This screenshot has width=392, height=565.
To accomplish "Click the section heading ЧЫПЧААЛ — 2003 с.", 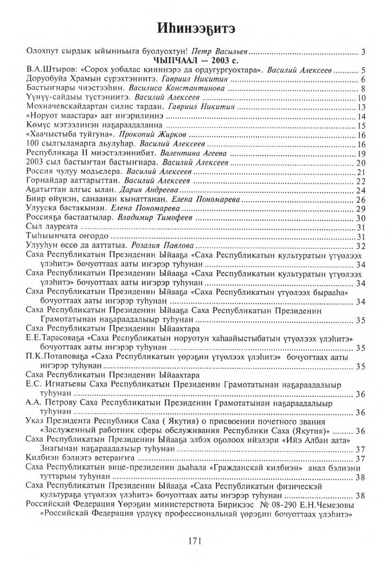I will pos(196,60).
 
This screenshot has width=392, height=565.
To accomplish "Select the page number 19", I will pos(361,154).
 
